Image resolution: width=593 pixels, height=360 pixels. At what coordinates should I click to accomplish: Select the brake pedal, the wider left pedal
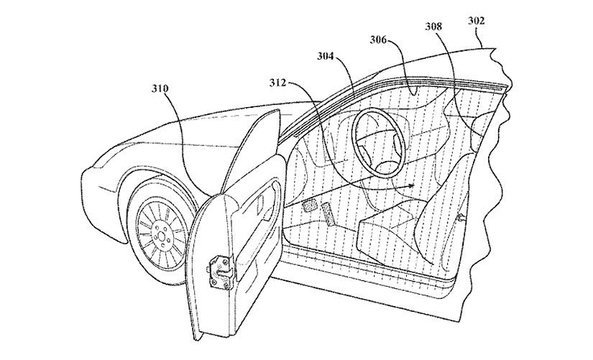click(x=310, y=206)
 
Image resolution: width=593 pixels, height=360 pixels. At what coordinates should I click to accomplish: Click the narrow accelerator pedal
click(x=330, y=214)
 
